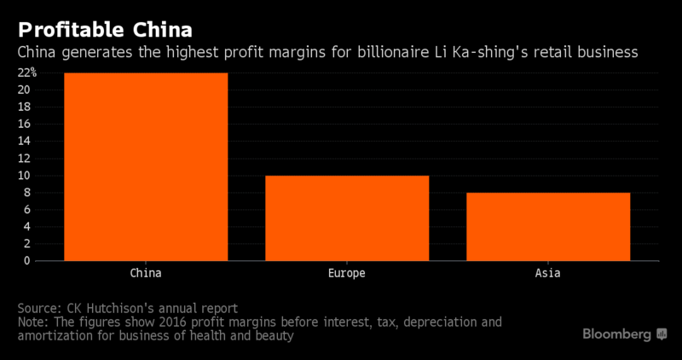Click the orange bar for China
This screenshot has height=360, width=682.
(146, 166)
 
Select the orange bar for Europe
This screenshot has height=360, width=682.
(347, 218)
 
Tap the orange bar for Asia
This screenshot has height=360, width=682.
(548, 226)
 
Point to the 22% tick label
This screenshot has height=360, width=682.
(27, 73)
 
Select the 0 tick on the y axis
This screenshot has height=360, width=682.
(27, 261)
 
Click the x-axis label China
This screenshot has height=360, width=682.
(146, 274)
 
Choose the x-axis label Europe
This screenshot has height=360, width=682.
(347, 274)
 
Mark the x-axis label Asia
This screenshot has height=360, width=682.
(548, 274)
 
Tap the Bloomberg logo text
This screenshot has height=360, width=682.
(617, 334)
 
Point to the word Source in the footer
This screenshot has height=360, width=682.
(39, 307)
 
